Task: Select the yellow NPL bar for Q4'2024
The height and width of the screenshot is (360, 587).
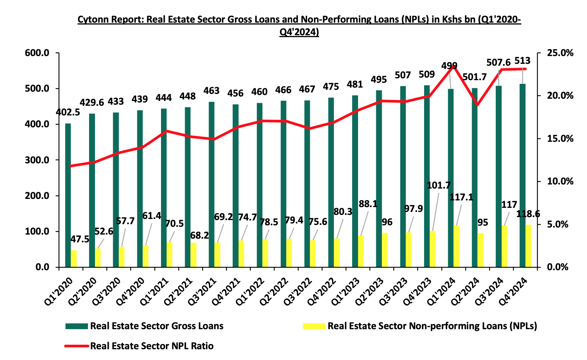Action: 528,246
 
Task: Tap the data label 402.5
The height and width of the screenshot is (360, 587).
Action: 68,112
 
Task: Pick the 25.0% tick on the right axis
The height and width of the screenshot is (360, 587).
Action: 560,53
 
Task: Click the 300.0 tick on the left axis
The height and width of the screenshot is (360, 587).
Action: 37,160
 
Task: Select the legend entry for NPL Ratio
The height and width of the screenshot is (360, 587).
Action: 152,346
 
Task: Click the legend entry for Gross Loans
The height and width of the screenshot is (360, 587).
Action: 157,326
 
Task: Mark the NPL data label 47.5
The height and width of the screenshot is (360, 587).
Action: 80,239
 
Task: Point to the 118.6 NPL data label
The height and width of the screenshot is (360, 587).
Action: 528,214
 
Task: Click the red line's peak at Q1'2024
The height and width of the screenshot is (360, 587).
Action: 454,66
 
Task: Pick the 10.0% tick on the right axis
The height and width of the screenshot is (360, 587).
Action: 560,181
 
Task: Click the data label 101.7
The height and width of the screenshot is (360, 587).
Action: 439,185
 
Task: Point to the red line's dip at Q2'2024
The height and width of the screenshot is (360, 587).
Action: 478,105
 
